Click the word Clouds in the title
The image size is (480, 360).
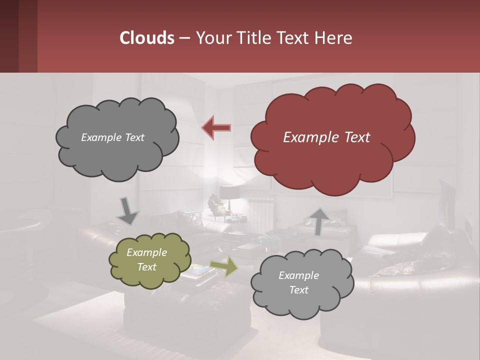point(146,38)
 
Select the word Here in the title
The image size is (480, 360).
point(334,38)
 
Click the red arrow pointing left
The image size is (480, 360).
point(216,127)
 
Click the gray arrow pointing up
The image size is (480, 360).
point(318,221)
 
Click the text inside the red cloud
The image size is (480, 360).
point(326,137)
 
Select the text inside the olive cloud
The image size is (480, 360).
point(146,260)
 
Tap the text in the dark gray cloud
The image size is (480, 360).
point(112,137)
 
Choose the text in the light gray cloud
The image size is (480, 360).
point(298,282)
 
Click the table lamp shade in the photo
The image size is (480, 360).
point(229,192)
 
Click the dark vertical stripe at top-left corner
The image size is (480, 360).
point(9,36)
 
